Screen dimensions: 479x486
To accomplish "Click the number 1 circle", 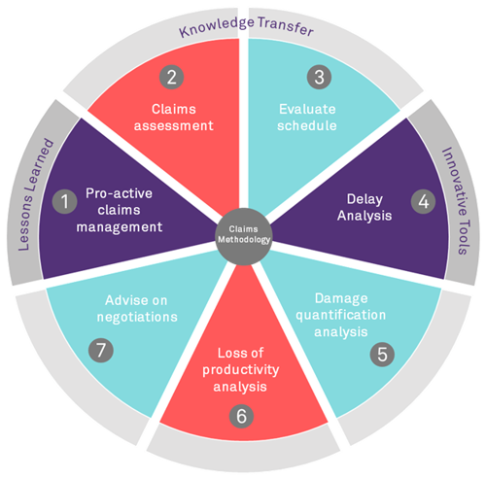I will click(64, 202).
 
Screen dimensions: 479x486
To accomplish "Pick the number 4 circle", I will click(423, 202).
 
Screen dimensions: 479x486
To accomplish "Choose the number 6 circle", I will click(242, 414).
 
